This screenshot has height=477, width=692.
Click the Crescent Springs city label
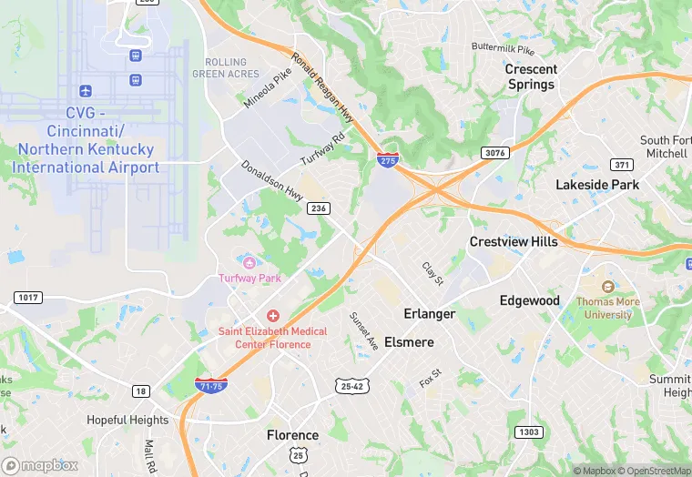click(x=530, y=76)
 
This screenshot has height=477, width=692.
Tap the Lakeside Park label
click(x=597, y=185)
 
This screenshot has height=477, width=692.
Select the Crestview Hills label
click(x=514, y=241)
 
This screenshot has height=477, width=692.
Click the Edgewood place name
click(x=529, y=300)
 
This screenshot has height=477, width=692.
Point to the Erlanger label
click(x=430, y=313)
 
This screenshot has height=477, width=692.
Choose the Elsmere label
click(x=409, y=342)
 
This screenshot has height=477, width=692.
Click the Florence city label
click(x=292, y=435)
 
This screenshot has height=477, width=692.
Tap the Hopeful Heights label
click(x=127, y=420)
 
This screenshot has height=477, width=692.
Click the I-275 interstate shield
click(x=386, y=160)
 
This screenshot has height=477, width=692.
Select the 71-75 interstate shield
click(x=211, y=386)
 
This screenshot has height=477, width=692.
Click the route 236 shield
click(x=319, y=208)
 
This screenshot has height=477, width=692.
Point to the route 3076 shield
click(x=495, y=153)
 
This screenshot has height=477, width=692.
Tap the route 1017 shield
click(x=29, y=298)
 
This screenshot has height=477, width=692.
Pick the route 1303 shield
click(x=527, y=431)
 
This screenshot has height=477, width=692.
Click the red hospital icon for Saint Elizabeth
click(x=272, y=314)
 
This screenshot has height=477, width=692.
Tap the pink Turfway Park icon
click(x=246, y=261)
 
